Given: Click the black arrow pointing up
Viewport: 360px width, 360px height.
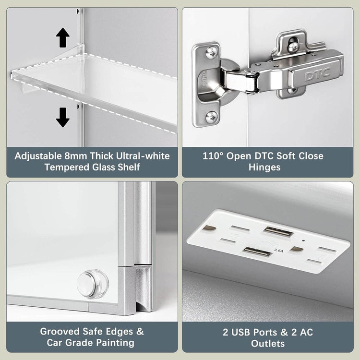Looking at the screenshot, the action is (x=63, y=37).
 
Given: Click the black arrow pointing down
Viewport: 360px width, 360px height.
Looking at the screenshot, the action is (x=63, y=117).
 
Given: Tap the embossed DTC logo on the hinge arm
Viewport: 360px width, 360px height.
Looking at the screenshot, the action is (x=317, y=74).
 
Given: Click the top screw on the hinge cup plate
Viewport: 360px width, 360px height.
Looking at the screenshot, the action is (x=211, y=53).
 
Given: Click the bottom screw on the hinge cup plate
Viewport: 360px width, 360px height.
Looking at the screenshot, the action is (x=211, y=117).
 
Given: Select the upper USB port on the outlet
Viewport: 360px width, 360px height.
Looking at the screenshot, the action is (x=278, y=232).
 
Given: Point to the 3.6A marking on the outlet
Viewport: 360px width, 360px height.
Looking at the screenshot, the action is (x=278, y=250).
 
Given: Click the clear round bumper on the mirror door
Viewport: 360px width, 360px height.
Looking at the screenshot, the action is (x=93, y=284).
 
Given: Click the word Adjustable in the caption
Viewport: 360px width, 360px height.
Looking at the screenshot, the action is (x=38, y=156).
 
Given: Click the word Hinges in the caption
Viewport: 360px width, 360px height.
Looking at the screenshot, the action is (x=264, y=168).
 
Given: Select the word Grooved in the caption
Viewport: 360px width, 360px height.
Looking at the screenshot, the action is (x=60, y=332).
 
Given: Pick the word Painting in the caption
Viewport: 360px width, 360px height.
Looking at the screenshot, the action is (x=115, y=343).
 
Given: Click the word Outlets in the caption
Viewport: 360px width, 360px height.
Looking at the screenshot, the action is (x=268, y=344).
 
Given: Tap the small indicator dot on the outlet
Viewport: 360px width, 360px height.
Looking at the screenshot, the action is (x=303, y=241).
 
